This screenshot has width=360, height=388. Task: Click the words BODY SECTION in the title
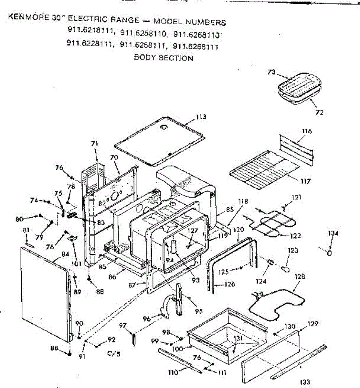[x=164, y=58]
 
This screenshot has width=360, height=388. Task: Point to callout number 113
[x=201, y=117]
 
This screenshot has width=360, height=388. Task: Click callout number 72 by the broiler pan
[x=319, y=113]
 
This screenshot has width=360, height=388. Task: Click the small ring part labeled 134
[x=330, y=253]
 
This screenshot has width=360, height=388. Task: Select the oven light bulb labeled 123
[x=286, y=268]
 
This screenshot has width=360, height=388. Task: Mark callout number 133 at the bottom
[x=305, y=382]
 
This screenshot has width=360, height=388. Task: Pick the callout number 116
[x=307, y=131]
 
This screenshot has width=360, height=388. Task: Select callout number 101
[x=76, y=264]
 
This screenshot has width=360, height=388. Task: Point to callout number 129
[x=313, y=324]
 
